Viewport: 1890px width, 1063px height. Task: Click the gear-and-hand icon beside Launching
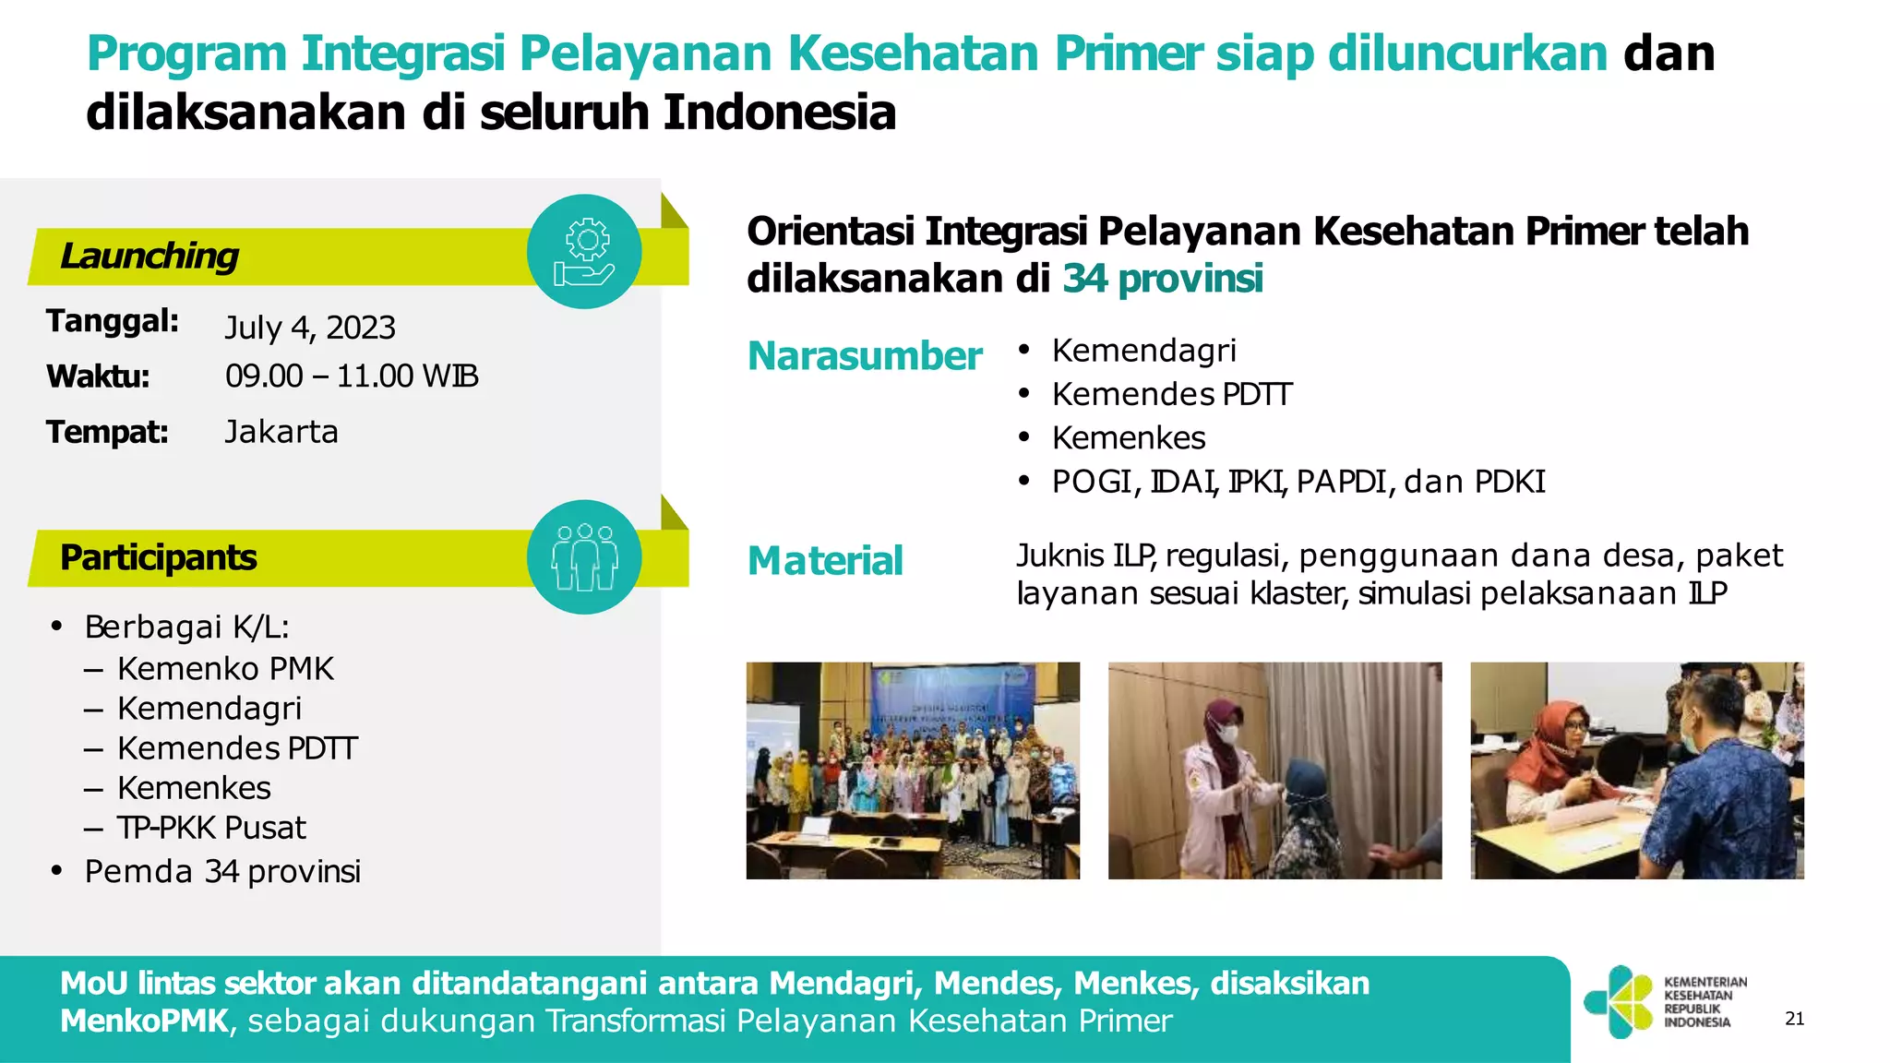point(583,251)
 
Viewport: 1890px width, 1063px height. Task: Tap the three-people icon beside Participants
point(583,557)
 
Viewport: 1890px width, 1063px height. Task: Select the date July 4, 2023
point(310,328)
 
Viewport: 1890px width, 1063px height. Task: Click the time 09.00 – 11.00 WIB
point(352,376)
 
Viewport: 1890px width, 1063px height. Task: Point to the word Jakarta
point(281,432)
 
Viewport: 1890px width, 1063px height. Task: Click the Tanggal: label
point(113,321)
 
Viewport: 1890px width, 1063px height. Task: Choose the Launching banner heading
point(150,257)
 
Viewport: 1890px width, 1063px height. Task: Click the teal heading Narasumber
point(864,356)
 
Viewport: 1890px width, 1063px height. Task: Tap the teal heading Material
point(825,561)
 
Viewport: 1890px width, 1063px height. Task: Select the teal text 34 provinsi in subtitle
point(1162,279)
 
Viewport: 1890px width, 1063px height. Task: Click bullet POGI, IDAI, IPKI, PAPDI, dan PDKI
point(1298,482)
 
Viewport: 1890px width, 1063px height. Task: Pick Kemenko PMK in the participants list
point(225,669)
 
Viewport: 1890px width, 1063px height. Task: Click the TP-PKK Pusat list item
point(211,828)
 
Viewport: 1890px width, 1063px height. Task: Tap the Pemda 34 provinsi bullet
point(222,871)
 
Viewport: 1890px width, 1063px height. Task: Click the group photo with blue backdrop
point(913,770)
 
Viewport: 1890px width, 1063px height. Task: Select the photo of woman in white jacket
point(1274,770)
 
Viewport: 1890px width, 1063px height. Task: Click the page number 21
point(1794,1019)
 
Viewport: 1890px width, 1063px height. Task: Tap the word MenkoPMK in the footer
point(144,1021)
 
